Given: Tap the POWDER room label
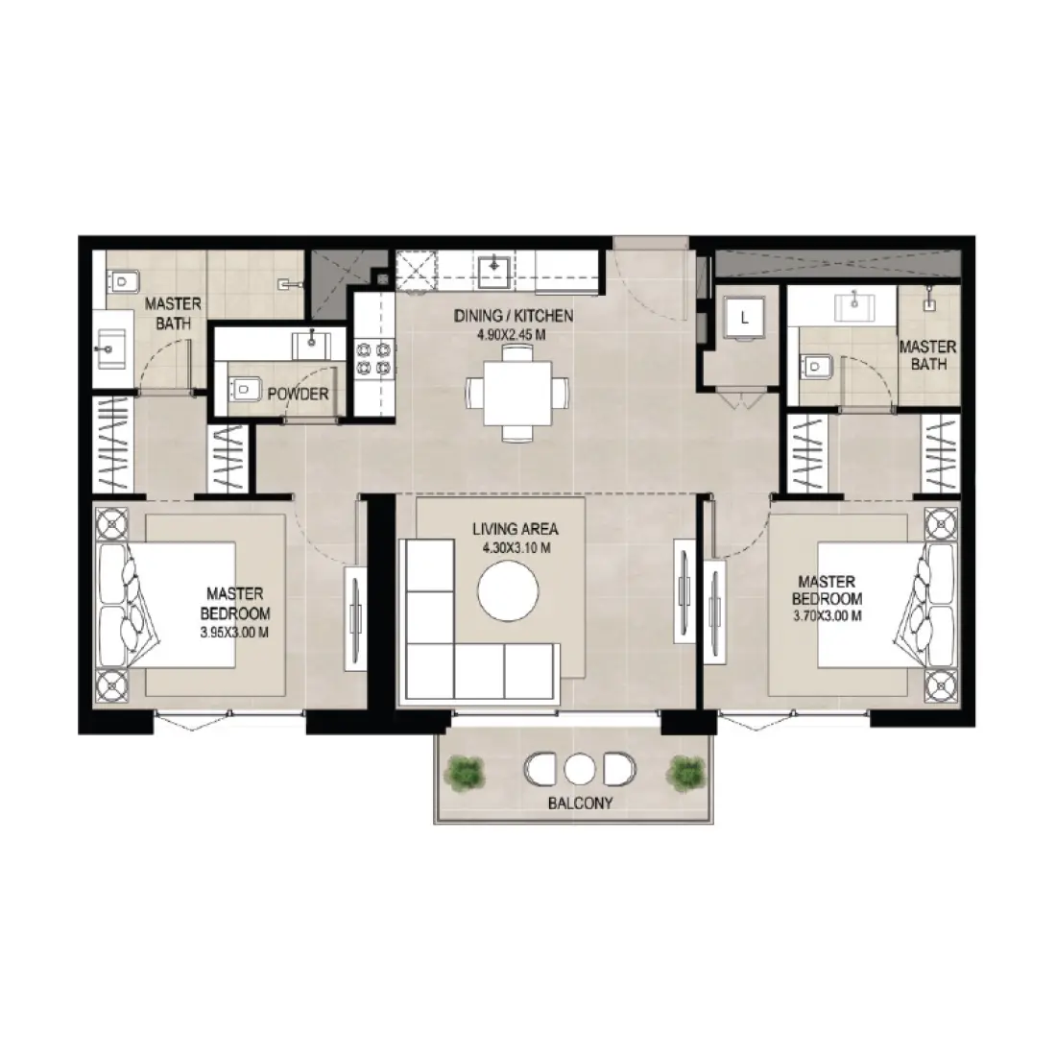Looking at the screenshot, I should (298, 394).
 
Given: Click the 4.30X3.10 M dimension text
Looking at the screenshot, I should (516, 548).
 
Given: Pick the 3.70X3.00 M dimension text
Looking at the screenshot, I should (826, 616).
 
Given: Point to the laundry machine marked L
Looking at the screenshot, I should (745, 314).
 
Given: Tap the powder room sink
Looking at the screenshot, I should (312, 339).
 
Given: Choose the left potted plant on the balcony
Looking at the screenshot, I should (468, 770).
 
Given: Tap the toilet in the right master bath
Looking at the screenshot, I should (815, 365).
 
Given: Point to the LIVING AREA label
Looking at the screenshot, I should (515, 529).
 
